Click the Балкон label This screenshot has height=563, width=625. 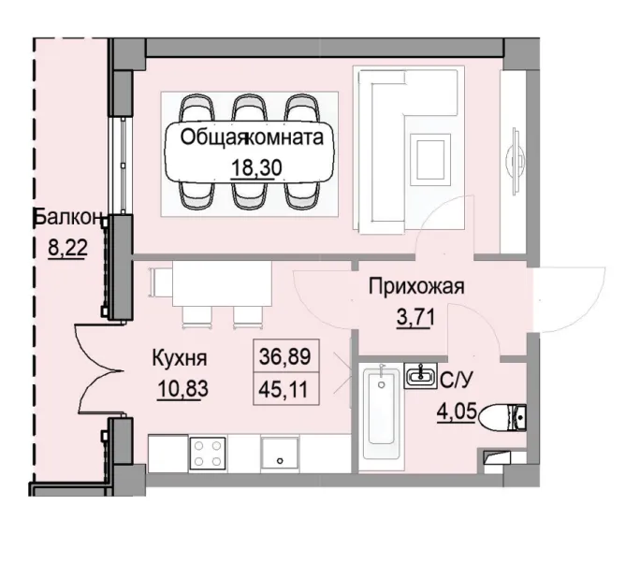[x=67, y=218]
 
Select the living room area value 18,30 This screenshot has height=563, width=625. [x=255, y=169]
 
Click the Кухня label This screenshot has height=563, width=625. [x=180, y=358]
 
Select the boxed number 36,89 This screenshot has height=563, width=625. [x=287, y=356]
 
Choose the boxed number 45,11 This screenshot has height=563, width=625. [x=287, y=387]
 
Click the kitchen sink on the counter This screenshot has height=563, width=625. [x=279, y=455]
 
